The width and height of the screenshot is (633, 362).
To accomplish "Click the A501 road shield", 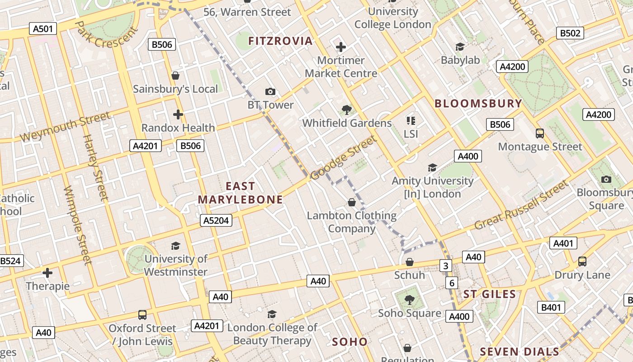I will tap(43, 29).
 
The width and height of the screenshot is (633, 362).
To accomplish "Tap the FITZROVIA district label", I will tap(280, 41).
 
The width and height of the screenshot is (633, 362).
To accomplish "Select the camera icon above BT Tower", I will tap(270, 92).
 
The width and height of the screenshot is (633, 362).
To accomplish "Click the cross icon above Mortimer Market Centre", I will tap(341, 47).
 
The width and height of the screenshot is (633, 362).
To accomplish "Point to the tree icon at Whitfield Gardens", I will tap(347, 110).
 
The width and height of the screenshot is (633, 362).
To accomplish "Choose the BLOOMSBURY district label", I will tap(478, 104).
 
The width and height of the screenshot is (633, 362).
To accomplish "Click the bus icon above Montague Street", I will tap(540, 133).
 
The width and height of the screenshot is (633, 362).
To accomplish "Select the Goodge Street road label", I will tap(344, 157).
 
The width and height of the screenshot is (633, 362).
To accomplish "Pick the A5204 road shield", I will tap(216, 220).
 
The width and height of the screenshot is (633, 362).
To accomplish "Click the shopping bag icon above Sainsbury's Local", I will tap(175, 76).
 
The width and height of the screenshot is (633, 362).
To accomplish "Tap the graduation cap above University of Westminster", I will tap(175, 246).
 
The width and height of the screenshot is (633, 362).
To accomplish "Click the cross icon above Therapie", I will tap(47, 273).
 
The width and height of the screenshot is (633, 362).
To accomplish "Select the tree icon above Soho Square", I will tap(409, 299).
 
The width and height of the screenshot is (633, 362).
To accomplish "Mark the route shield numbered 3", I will tap(446, 266).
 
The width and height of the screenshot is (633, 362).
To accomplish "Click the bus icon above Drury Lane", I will tap(582, 262).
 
